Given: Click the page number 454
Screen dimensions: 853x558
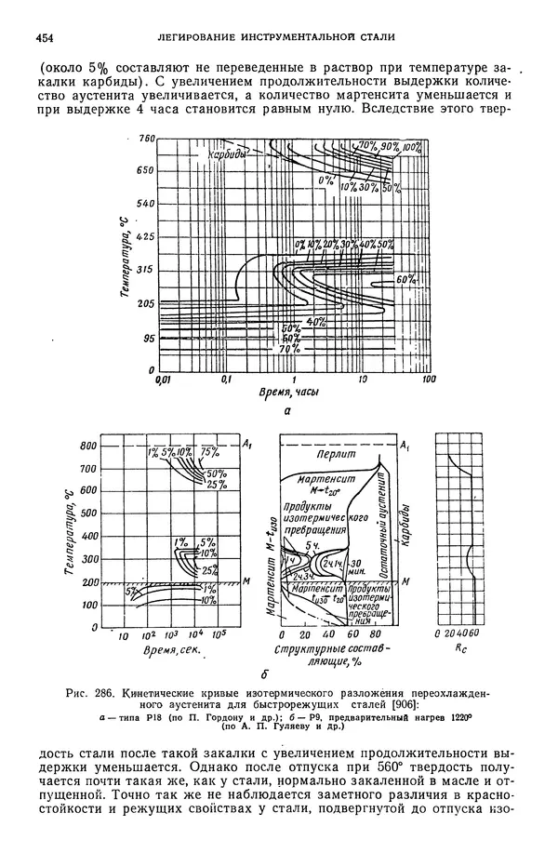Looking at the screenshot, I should tap(42, 37).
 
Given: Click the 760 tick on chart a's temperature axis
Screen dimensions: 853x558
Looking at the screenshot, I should tap(144, 139).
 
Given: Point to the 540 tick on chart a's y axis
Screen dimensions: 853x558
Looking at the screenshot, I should tap(144, 203).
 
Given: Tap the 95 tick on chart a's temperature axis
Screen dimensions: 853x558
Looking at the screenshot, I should tap(146, 339).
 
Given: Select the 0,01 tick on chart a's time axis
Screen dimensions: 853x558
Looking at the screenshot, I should tap(164, 380).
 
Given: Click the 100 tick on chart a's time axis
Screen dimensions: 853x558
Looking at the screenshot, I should tap(429, 380).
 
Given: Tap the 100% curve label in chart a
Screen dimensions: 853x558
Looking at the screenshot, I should tap(412, 146).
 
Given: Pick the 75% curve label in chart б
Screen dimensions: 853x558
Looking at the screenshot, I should tap(209, 453).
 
